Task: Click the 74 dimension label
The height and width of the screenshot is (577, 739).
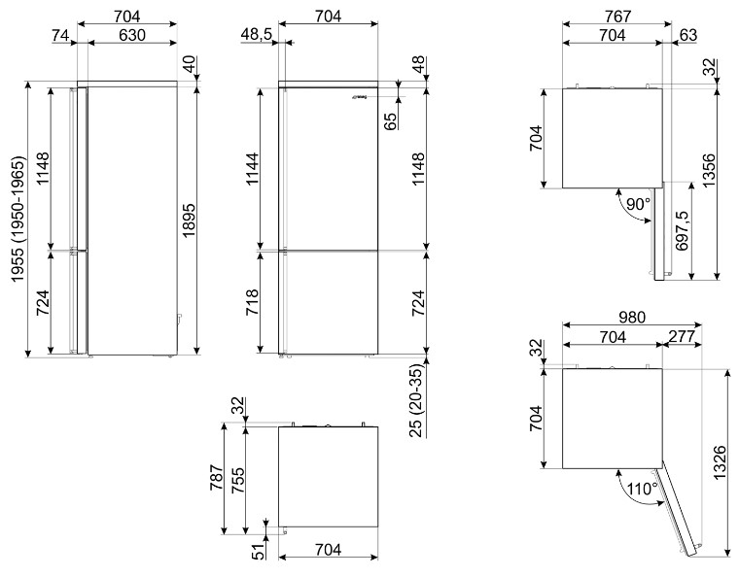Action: click(60, 35)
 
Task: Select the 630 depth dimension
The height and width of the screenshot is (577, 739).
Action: click(132, 35)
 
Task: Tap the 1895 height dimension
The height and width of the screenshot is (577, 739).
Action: click(188, 221)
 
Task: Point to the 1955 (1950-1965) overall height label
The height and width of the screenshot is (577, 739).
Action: click(17, 219)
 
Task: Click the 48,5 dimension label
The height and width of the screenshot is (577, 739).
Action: click(259, 35)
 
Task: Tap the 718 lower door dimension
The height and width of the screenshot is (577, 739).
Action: click(253, 303)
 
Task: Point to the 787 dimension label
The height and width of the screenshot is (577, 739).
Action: click(217, 478)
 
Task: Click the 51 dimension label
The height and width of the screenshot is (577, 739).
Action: click(259, 552)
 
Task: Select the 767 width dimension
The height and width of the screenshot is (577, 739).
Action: click(617, 17)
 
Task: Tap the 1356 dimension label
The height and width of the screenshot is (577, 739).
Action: click(708, 170)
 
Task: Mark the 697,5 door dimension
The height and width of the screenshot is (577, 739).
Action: click(682, 230)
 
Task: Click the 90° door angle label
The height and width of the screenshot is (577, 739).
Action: click(639, 204)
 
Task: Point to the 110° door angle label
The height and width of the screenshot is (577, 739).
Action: click(643, 489)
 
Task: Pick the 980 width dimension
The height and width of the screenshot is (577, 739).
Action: click(631, 318)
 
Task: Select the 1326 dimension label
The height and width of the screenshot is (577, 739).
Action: click(721, 462)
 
